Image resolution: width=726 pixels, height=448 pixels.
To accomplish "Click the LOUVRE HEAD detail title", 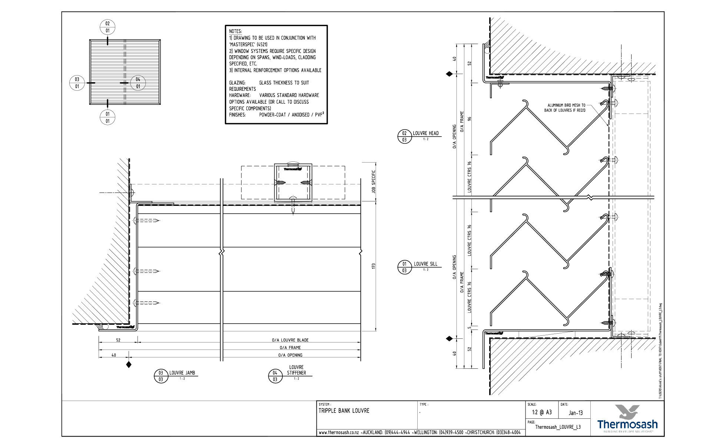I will [x=425, y=133].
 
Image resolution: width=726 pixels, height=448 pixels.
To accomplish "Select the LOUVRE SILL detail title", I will [x=425, y=264].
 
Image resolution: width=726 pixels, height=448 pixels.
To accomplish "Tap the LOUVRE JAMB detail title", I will [x=182, y=373].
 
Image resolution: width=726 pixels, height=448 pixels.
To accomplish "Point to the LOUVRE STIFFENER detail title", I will [x=296, y=370].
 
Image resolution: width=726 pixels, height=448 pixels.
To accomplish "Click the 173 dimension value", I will [x=374, y=266].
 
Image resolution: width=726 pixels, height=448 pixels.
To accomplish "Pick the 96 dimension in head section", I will [x=469, y=119].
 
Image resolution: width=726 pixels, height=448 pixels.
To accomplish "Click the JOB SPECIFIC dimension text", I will [x=374, y=182].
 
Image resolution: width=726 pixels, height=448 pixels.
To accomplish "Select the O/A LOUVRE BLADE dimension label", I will [x=290, y=340].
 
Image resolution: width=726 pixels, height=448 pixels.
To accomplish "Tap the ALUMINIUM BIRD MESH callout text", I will [x=565, y=108].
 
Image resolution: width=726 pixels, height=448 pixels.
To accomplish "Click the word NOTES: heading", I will [x=235, y=31].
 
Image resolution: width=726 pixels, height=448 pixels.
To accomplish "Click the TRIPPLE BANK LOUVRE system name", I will [x=344, y=411].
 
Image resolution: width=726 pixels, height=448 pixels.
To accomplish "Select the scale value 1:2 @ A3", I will [x=541, y=412].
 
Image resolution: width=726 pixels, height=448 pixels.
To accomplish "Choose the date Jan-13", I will [x=576, y=413].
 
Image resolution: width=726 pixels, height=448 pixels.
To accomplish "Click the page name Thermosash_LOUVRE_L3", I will [x=558, y=427].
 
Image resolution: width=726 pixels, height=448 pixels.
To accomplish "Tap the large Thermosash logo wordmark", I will [x=627, y=424].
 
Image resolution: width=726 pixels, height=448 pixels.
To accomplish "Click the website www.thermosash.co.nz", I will [x=338, y=432].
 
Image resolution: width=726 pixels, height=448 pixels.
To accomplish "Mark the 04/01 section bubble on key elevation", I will [x=138, y=83].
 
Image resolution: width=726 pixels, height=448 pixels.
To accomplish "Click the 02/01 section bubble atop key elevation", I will [x=107, y=27].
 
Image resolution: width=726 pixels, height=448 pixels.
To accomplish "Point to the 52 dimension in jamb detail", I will [x=118, y=340].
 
